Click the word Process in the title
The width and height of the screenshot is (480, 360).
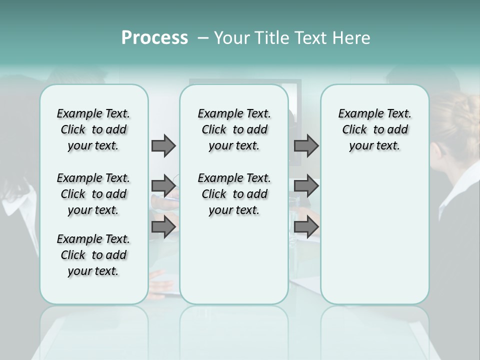pos(154,38)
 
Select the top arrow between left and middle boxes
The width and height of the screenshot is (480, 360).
pos(163,146)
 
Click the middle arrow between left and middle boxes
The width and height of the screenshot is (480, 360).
pos(163,186)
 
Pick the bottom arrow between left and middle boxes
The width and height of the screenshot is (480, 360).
pos(163,227)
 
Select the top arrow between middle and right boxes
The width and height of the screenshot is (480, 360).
pos(306,146)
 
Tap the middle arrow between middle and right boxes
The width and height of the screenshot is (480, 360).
pos(306,186)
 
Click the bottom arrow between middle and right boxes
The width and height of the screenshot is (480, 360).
pos(306,227)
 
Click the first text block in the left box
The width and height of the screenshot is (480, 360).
pos(93,129)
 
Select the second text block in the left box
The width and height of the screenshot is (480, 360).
pos(93,194)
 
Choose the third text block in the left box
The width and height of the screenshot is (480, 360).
pos(93,255)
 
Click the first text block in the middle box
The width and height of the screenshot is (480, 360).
pos(234,129)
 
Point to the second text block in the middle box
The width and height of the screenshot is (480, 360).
pos(234,194)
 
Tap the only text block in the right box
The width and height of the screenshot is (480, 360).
pos(374,129)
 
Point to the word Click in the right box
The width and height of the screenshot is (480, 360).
pos(354,130)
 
